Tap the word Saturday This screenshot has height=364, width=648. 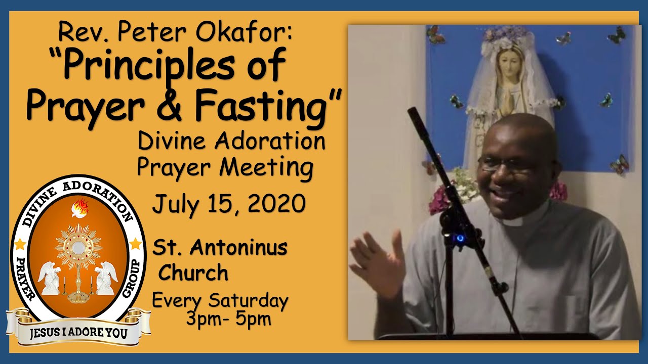pos(249,301)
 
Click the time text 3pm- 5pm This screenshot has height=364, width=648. pos(228,320)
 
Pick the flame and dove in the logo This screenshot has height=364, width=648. pos(79,208)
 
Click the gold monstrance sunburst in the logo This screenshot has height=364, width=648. pos(78,247)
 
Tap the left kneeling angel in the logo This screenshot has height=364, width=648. pos(50,278)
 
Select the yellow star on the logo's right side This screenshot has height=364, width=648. pos(135,245)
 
